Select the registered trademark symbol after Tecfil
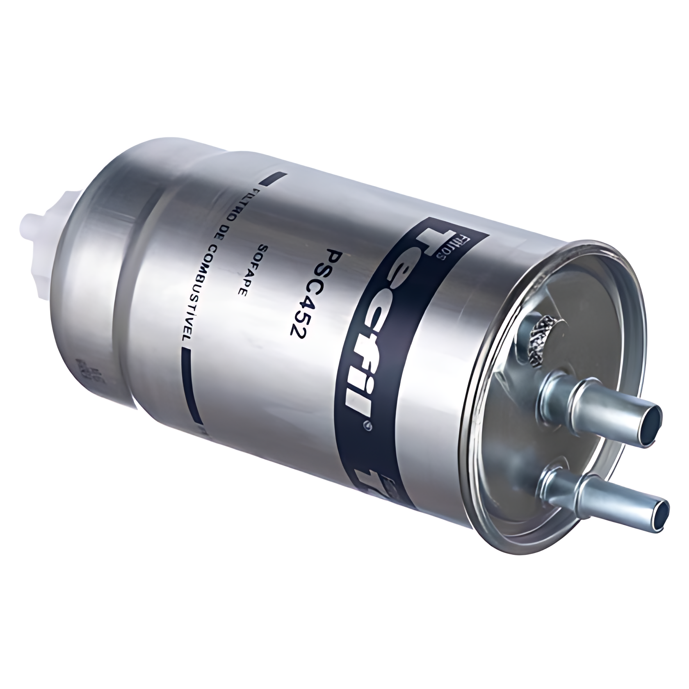(x=367, y=427)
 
